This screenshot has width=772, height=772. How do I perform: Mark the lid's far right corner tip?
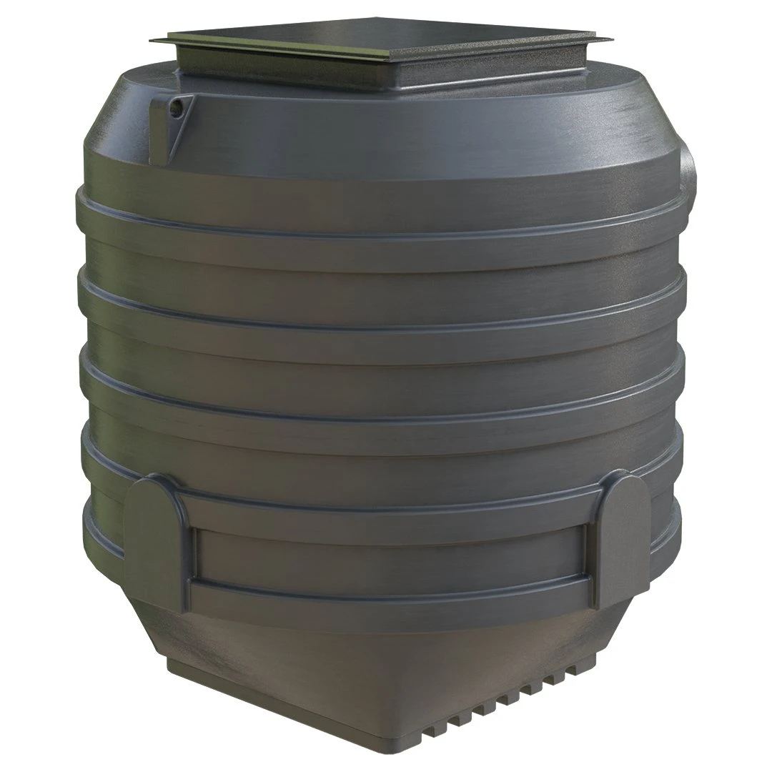tap(613, 36)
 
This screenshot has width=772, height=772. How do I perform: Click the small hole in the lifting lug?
tap(176, 109)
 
